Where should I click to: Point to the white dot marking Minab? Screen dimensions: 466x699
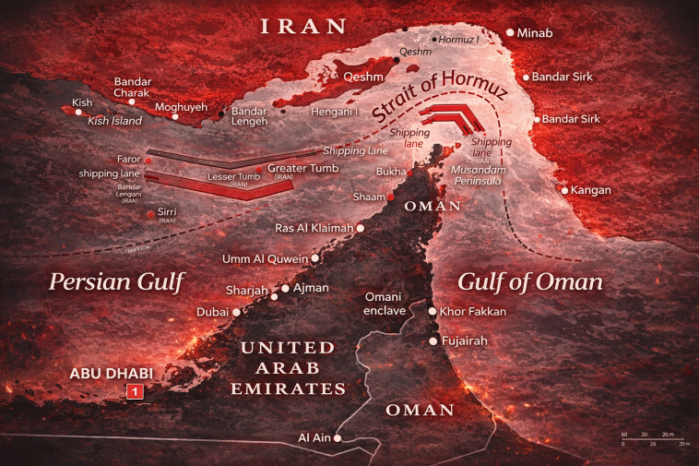coord(510,33)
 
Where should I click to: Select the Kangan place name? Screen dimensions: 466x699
coord(592,190)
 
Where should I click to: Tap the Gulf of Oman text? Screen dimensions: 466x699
coord(530,281)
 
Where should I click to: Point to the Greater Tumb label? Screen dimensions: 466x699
coord(303,168)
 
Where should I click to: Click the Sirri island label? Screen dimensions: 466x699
coord(166,212)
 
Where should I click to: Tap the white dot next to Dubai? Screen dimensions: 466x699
coord(237,312)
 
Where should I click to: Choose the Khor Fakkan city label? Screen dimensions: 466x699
coord(473,312)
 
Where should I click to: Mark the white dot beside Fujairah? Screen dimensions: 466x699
coord(432,341)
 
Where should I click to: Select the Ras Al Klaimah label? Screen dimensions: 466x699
coord(314,228)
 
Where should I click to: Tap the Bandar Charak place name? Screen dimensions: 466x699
coord(138,86)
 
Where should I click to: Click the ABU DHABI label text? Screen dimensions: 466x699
coord(111,374)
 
